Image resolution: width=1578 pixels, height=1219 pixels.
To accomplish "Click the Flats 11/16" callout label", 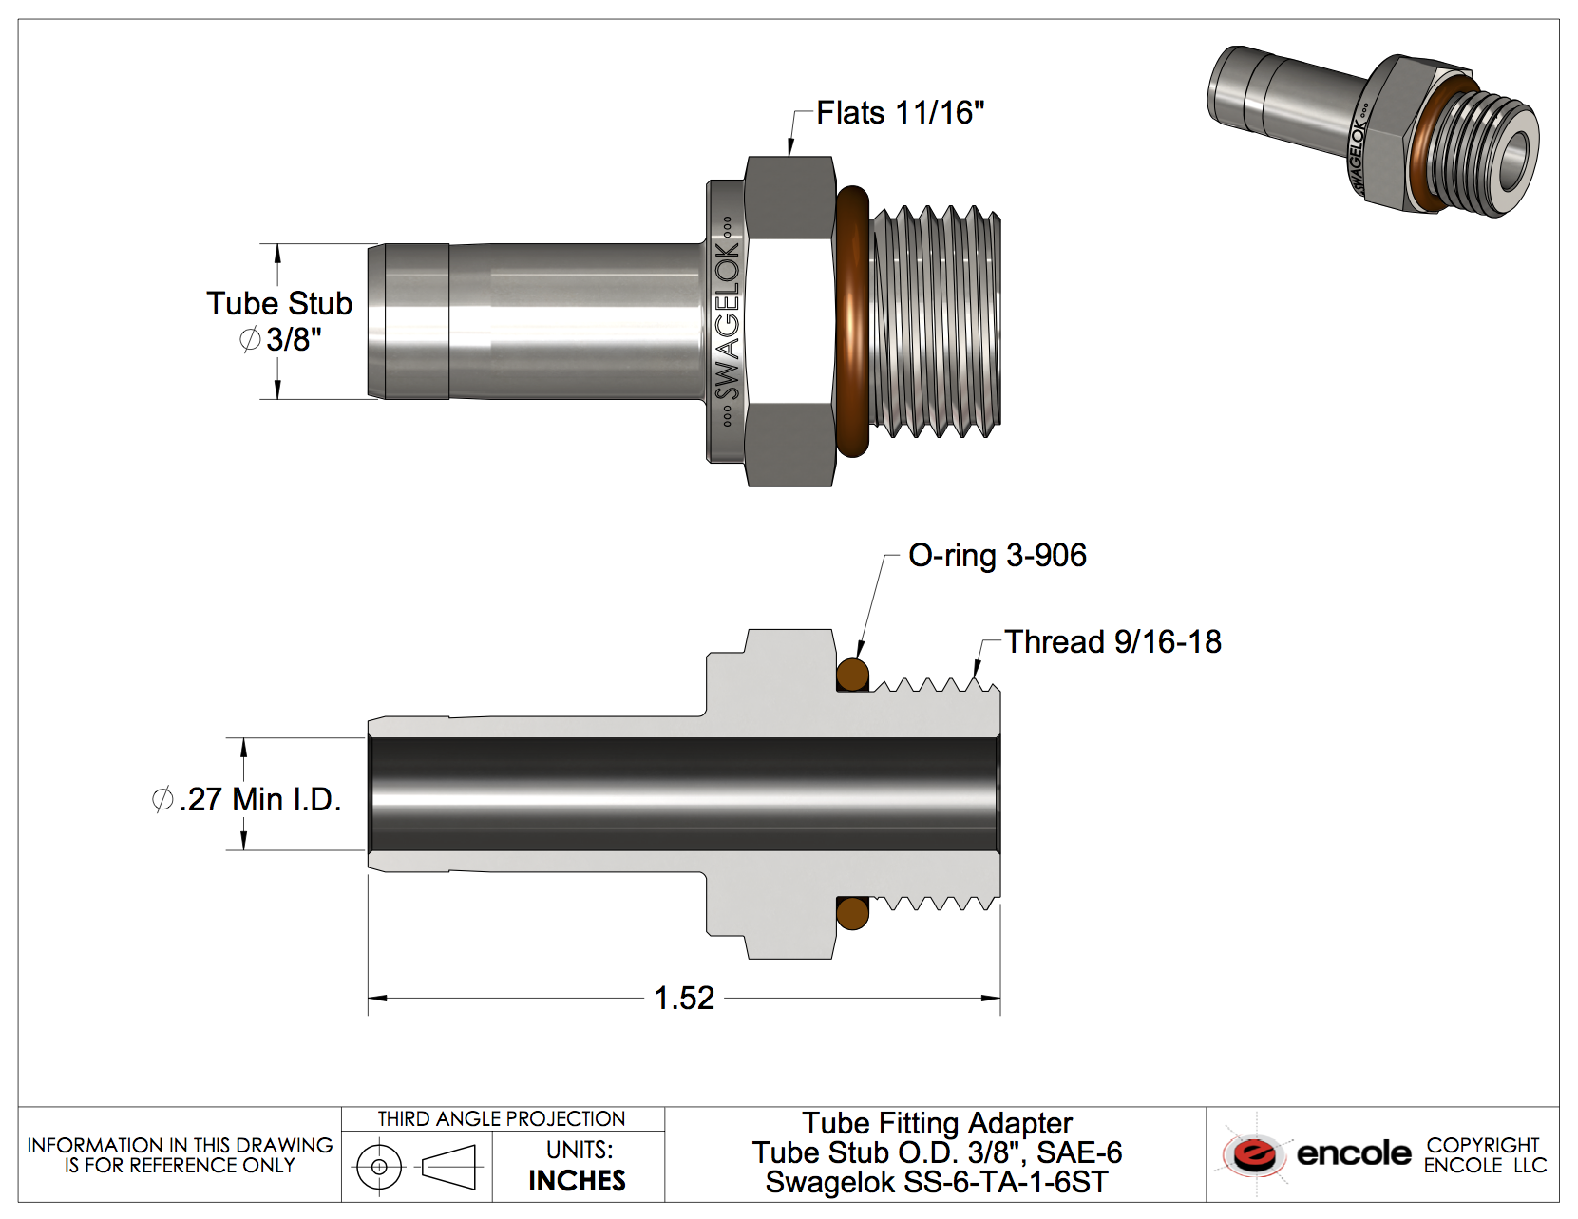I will [900, 113].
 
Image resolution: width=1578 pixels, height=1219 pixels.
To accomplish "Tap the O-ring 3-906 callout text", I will [997, 556].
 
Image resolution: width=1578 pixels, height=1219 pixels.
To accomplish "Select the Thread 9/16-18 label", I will [1112, 642].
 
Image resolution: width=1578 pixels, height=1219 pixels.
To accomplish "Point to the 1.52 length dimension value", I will [684, 998].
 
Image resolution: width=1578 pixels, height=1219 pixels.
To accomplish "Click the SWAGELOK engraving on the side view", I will [727, 320].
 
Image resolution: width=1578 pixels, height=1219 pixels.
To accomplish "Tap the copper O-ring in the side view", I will [852, 320].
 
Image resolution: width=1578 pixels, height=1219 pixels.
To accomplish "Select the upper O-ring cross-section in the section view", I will [852, 676].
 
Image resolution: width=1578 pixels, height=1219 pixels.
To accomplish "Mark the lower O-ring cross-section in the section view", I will [852, 914].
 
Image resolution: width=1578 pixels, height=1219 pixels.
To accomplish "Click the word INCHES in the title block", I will [577, 1181].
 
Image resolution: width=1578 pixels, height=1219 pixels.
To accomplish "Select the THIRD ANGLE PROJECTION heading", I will [502, 1119].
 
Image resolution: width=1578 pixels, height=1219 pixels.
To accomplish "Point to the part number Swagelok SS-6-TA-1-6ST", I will [937, 1183].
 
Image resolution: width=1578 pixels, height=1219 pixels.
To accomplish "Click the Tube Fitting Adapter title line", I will [937, 1123].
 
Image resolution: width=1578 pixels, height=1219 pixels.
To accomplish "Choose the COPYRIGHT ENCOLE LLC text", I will [1484, 1154].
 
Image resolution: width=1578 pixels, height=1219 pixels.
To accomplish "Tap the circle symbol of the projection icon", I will [379, 1166].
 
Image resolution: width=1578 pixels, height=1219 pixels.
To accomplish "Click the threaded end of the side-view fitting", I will [936, 321].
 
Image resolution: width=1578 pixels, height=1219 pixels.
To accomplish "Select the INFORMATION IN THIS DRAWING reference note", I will [180, 1154].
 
